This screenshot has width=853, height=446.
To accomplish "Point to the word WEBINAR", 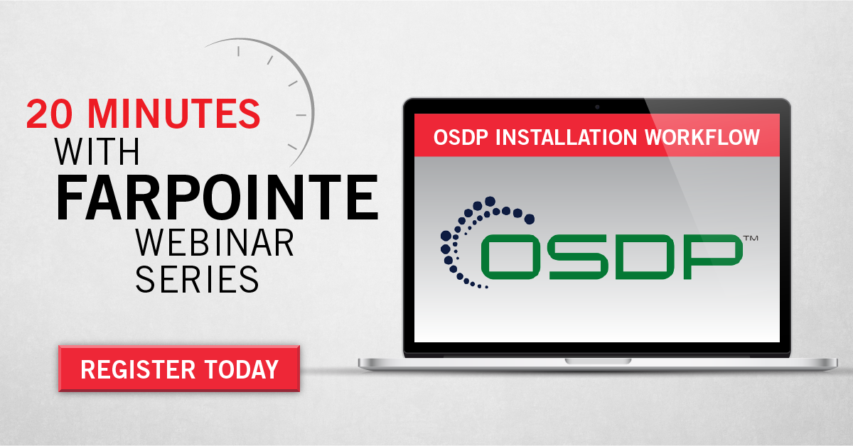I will click(x=214, y=243).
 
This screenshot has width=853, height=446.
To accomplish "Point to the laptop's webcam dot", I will click(x=597, y=107).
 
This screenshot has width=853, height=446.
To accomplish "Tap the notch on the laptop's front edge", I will click(x=597, y=361).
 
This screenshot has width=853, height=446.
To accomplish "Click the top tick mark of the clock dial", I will click(x=238, y=50).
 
